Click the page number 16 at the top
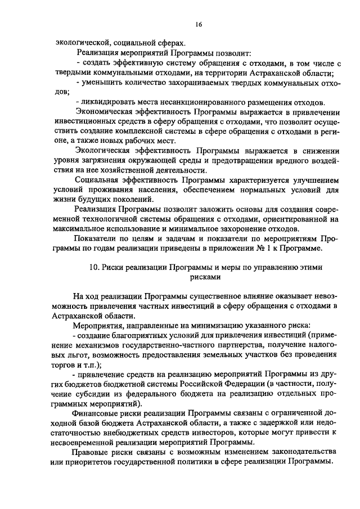tap(199, 24)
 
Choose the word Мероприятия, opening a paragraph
tap(100, 326)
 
